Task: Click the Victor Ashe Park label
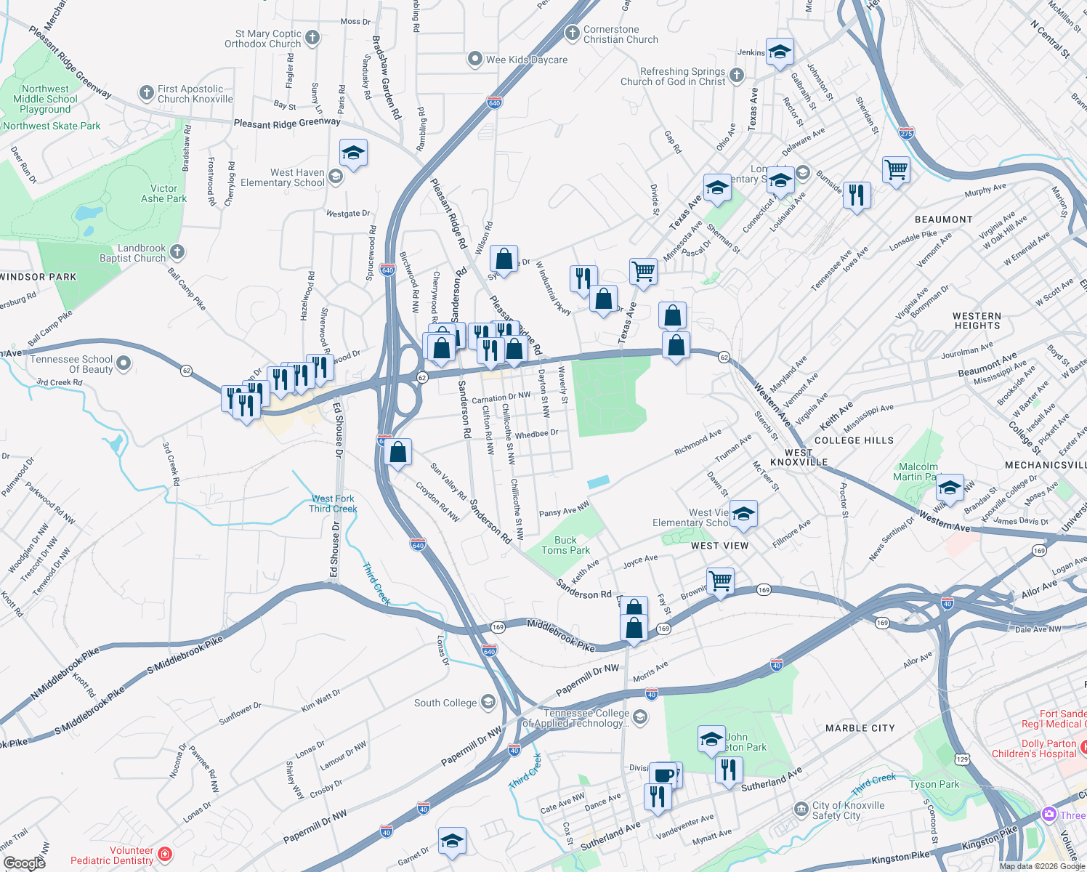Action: (x=163, y=193)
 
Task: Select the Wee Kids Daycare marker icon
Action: (x=474, y=59)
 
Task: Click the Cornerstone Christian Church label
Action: (x=621, y=35)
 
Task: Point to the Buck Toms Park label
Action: (x=565, y=545)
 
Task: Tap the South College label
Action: (x=445, y=703)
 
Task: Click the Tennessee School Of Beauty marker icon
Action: (x=123, y=363)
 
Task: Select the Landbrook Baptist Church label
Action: (x=133, y=253)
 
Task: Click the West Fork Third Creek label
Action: (x=333, y=504)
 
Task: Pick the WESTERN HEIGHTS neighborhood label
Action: (x=977, y=320)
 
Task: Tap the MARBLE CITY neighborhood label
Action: (x=860, y=728)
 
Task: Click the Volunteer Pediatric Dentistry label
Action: (x=112, y=855)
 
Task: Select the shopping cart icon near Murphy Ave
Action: (x=896, y=170)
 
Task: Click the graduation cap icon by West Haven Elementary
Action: (x=353, y=153)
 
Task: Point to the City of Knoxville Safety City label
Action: (x=848, y=810)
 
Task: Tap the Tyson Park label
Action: (x=934, y=784)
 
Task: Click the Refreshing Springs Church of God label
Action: (x=673, y=76)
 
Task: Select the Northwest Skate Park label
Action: (x=52, y=126)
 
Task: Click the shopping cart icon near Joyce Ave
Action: (x=720, y=580)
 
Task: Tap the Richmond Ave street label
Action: (x=698, y=442)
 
